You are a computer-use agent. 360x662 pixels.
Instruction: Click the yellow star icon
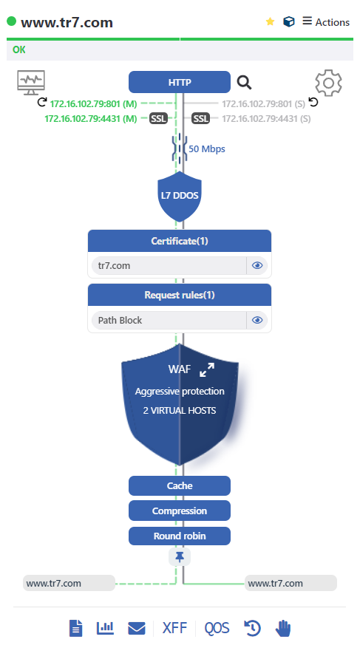tap(270, 21)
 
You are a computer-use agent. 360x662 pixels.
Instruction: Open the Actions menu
tap(326, 22)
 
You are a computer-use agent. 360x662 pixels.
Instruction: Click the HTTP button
tap(180, 82)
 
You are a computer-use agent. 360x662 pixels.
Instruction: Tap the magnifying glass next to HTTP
tap(244, 82)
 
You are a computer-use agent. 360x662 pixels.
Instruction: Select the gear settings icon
tap(328, 83)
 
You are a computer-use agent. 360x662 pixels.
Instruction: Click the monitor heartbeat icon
tap(31, 82)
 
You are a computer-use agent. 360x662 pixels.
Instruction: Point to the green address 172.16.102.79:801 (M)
tap(93, 103)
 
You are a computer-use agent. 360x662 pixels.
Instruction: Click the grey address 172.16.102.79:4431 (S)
tap(266, 119)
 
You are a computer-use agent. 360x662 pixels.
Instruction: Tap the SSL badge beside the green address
tap(158, 119)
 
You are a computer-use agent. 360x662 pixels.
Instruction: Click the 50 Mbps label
tap(207, 149)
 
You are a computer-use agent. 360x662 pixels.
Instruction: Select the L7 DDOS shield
tap(180, 197)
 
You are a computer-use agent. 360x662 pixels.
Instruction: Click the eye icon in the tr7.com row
tap(257, 265)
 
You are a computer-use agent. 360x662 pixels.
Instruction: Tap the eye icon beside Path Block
tap(257, 320)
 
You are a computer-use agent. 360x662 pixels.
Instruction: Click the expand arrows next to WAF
tap(207, 369)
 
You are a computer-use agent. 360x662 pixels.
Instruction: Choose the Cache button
tap(180, 485)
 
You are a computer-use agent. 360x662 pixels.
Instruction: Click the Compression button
tap(180, 511)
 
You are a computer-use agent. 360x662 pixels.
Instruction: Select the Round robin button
tap(180, 536)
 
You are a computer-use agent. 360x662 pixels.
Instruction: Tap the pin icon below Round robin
tap(180, 557)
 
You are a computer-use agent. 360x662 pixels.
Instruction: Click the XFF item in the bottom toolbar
tap(174, 628)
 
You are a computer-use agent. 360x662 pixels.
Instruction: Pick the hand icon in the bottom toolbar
tap(283, 628)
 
